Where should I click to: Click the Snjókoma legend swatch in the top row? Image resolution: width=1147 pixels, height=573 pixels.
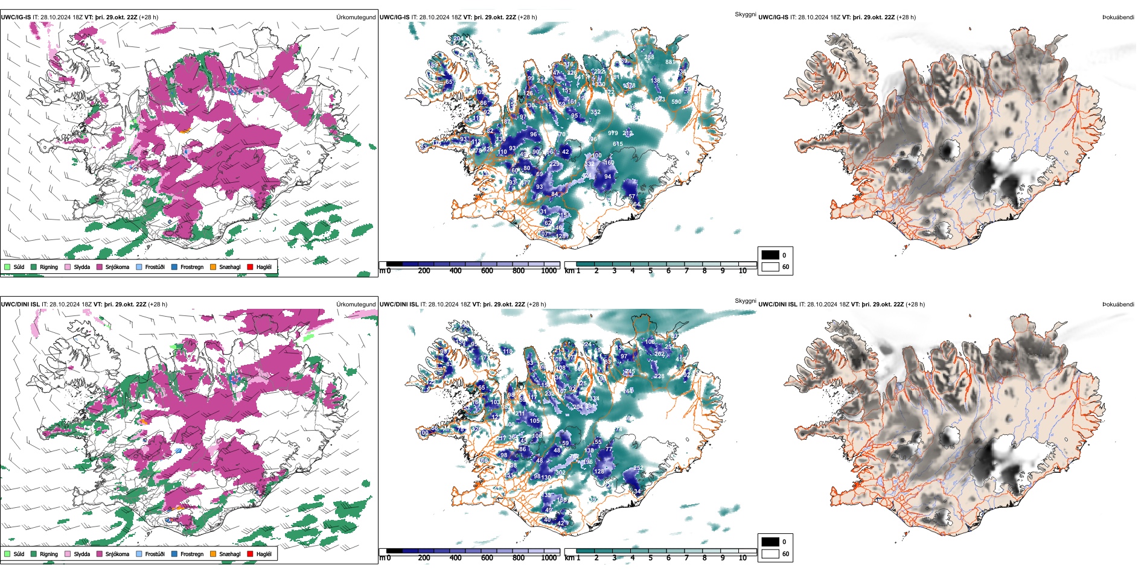coord(99,267)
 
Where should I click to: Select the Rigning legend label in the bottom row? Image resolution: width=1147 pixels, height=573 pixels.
coord(49,554)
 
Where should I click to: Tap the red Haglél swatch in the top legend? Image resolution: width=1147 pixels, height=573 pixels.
coord(250,267)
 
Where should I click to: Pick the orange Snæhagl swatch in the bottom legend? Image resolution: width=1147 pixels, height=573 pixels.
coord(213,554)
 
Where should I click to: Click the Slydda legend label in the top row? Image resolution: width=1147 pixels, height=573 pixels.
coord(82,267)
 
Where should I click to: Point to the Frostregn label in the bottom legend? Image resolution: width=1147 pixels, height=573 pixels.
coord(192,554)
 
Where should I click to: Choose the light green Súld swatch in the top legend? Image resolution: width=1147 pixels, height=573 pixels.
coord(7,267)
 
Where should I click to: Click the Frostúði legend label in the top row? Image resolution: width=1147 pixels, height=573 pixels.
coord(155,267)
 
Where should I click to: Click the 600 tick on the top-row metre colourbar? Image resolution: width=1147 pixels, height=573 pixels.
coord(487,271)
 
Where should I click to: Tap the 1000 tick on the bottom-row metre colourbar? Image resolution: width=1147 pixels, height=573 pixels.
coord(549,558)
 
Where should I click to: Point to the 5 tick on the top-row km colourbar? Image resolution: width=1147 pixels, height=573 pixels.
coord(651,271)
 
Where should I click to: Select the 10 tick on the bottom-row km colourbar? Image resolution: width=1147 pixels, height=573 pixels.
coord(743,558)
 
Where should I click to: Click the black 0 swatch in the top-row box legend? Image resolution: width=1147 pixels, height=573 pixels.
coord(770,255)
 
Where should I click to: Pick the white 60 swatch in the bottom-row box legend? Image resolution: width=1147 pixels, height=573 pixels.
coord(770,554)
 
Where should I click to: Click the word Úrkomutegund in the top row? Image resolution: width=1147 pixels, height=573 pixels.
coord(356,17)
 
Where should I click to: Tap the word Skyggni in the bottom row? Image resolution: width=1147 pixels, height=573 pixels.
coord(746,301)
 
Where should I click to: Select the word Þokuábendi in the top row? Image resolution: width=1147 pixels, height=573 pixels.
coord(1118,17)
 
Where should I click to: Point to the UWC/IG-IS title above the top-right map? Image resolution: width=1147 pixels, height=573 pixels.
coord(773,17)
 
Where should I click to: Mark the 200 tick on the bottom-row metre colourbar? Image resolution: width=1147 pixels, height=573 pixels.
coord(424,558)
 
